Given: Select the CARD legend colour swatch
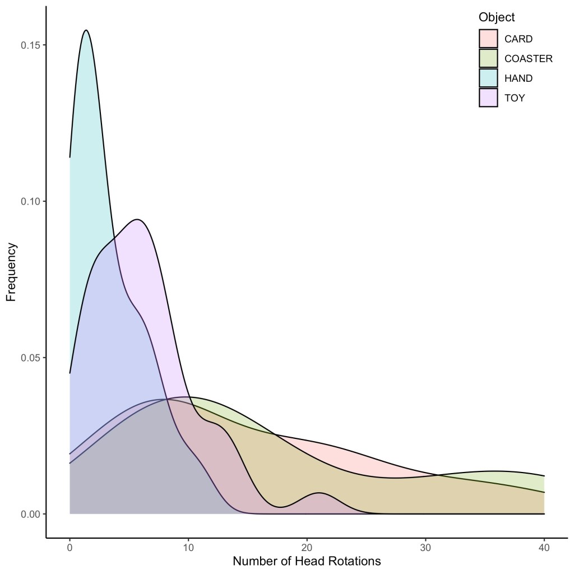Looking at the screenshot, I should click(488, 39).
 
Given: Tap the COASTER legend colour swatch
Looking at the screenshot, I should click(488, 58).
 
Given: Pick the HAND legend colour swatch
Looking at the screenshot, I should click(488, 78).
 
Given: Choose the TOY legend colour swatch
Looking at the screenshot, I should click(488, 98).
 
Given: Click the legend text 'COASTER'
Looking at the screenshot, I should click(528, 58).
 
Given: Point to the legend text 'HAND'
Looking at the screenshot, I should click(519, 78).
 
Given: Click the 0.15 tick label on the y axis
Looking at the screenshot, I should click(30, 45).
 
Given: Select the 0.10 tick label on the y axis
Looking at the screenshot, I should click(30, 201).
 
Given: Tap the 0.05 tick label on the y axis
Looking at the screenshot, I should click(30, 358).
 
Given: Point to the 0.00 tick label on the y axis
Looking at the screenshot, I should click(30, 514).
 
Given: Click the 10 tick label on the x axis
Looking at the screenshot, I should click(188, 548).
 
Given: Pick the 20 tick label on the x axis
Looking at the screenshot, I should click(307, 548).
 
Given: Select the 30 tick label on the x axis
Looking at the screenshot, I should click(425, 548).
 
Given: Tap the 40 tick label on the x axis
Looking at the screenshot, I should click(544, 548).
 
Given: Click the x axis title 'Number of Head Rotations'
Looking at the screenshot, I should click(307, 561).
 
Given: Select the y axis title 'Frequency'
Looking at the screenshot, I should click(11, 272).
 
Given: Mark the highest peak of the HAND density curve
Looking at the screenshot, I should click(86, 30).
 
